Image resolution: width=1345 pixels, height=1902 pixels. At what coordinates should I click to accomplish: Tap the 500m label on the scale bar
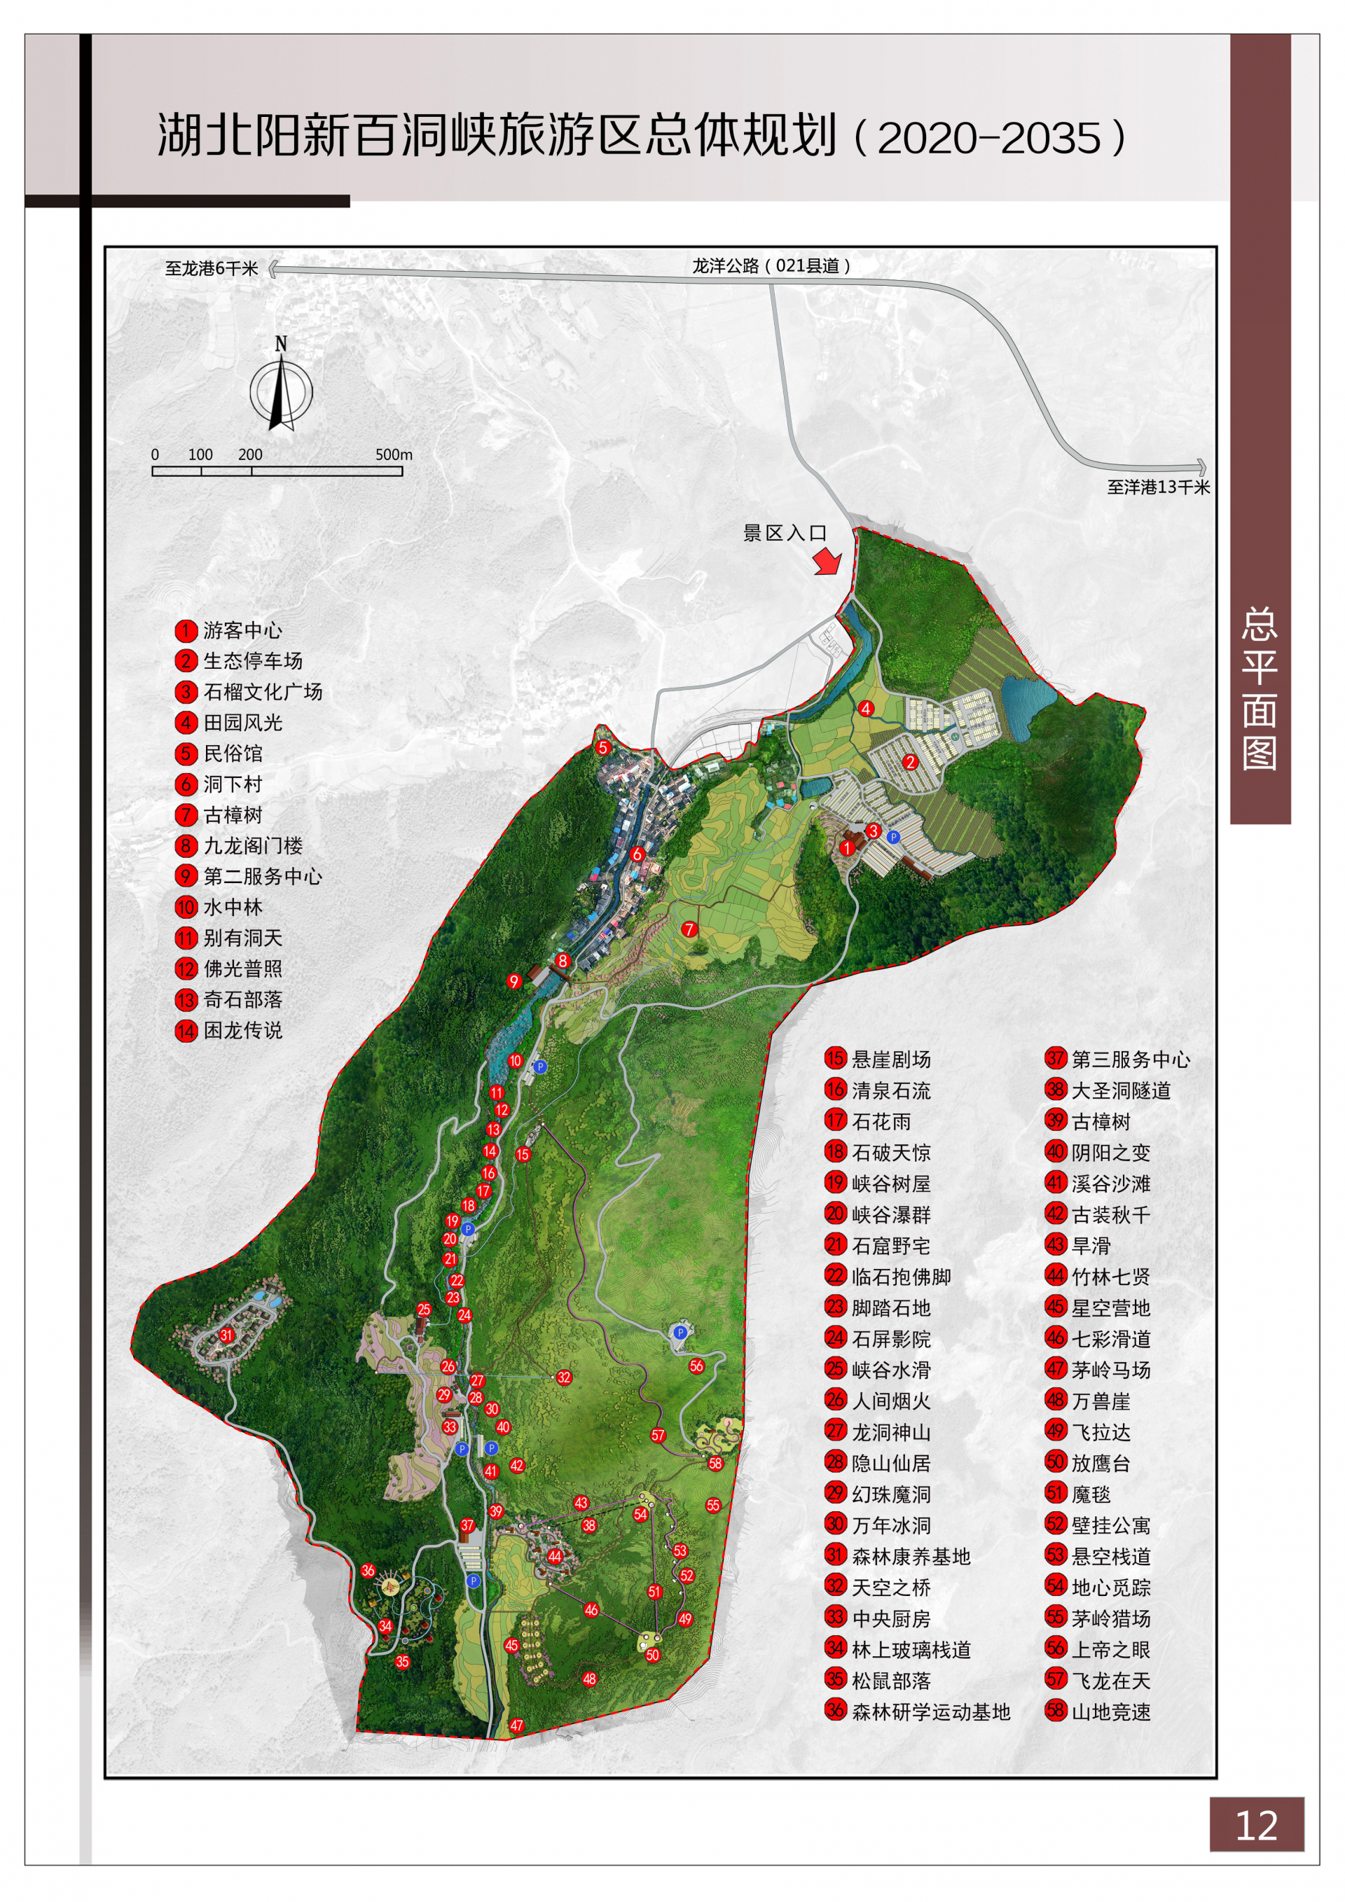(x=394, y=454)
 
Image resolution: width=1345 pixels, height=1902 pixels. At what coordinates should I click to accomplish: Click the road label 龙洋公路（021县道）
(x=771, y=266)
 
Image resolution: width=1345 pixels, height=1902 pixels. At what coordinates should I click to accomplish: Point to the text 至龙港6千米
(x=212, y=268)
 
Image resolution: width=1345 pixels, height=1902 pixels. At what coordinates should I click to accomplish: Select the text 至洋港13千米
(x=1158, y=487)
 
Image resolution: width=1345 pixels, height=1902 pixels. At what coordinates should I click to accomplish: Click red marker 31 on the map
(x=226, y=1335)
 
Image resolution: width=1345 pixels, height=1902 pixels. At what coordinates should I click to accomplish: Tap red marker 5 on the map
(x=603, y=748)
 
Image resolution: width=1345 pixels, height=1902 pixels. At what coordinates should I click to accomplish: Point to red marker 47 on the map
(x=517, y=1726)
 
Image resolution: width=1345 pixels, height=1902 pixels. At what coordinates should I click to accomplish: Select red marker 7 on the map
(x=689, y=929)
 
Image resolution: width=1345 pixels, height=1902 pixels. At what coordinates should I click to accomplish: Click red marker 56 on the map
(x=696, y=1366)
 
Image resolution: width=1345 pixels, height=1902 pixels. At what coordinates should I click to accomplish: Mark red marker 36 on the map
(x=368, y=1571)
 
